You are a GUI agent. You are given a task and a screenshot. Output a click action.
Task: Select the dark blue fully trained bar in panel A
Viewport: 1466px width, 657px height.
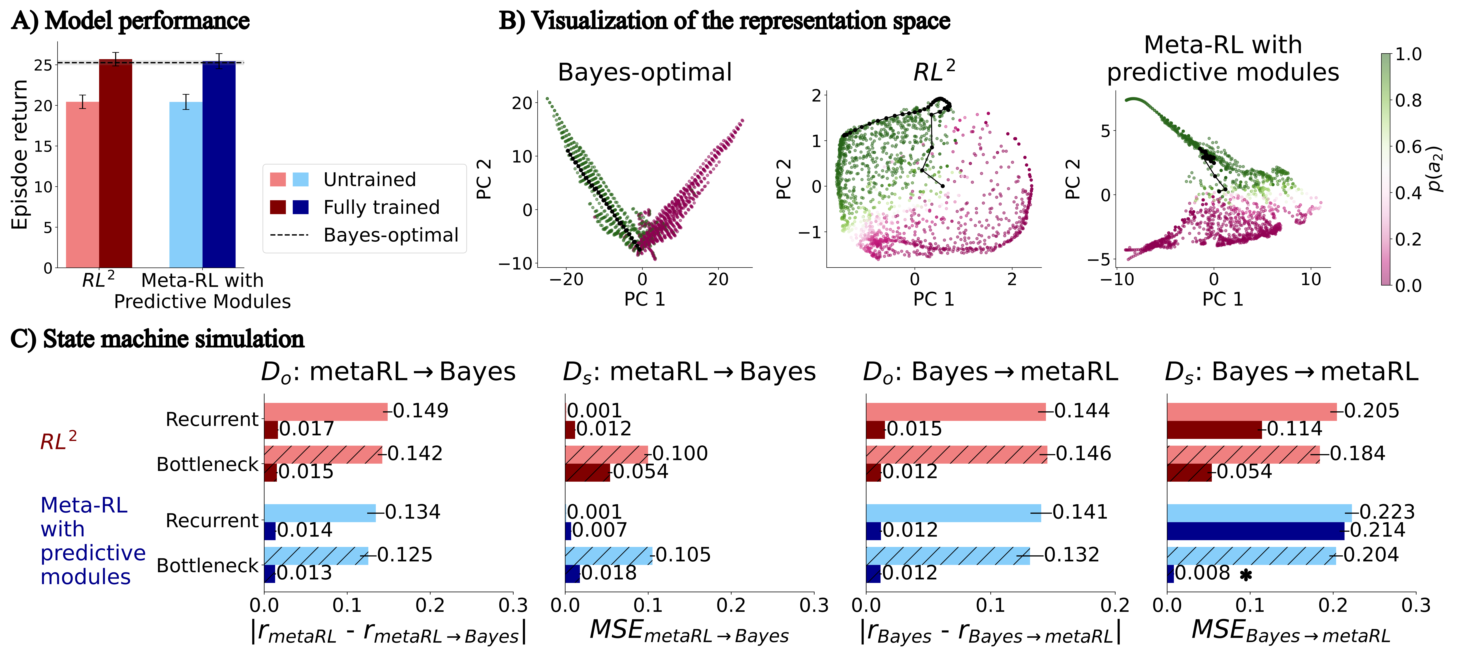point(219,165)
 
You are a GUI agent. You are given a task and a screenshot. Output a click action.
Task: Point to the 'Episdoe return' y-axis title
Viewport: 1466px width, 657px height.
point(20,155)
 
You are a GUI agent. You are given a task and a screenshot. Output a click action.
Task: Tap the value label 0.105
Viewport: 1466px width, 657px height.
point(683,555)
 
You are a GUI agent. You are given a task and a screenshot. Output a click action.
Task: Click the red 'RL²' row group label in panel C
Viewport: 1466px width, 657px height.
point(58,441)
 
